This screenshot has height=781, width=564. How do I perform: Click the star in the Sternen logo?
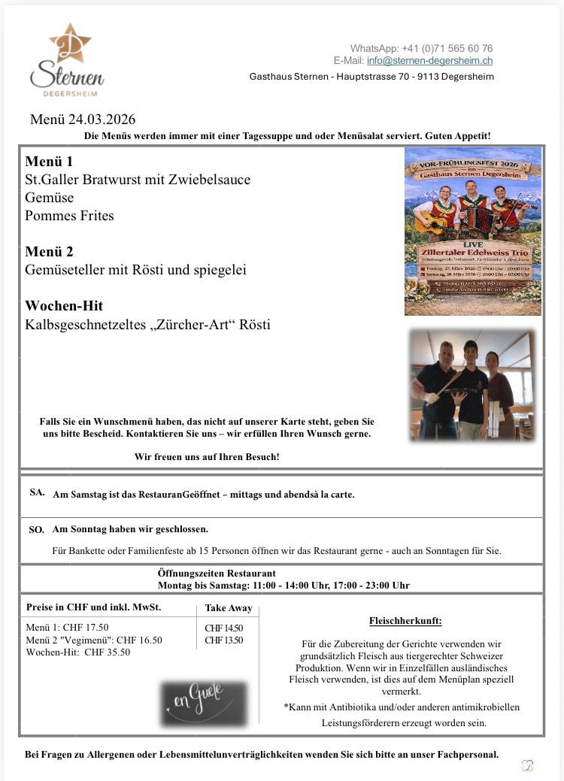click(70, 42)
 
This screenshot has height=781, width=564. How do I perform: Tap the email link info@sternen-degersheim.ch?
click(429, 61)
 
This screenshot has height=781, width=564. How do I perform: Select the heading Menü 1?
click(49, 161)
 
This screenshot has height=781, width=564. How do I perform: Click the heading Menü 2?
click(49, 251)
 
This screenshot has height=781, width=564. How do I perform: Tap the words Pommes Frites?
click(69, 216)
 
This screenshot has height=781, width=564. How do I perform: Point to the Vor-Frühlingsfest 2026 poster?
click(472, 231)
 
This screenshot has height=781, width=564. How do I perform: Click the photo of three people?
click(472, 384)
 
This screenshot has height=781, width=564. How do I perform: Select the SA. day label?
click(37, 492)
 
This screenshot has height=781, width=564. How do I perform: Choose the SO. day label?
click(36, 529)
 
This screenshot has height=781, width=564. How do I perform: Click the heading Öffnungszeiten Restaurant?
click(217, 574)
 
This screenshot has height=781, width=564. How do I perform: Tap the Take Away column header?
click(229, 609)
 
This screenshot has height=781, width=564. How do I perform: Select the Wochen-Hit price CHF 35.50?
click(107, 652)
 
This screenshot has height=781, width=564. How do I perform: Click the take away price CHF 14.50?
click(224, 628)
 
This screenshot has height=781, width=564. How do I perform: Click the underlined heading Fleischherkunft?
click(405, 621)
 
